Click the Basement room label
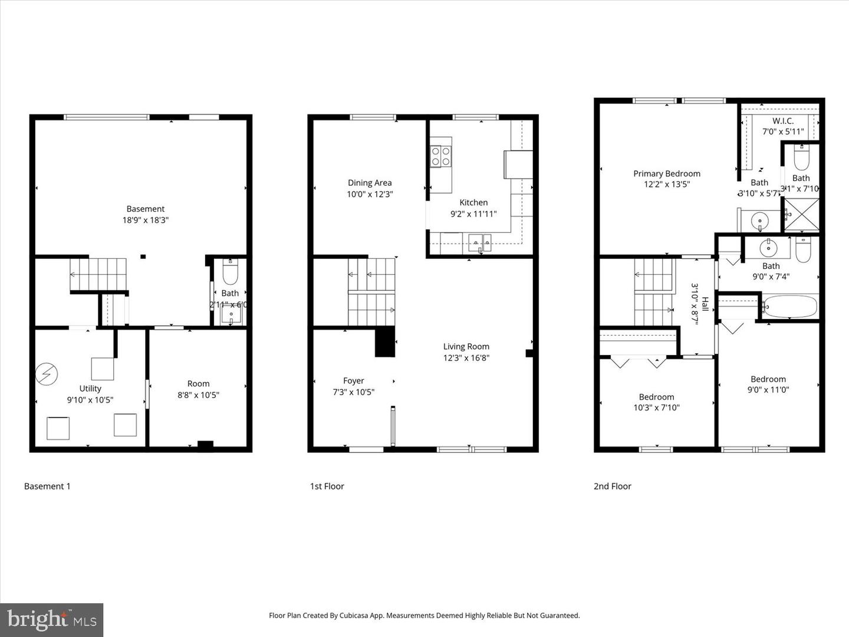tap(145, 209)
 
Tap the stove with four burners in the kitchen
tap(440, 156)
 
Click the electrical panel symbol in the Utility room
tap(47, 373)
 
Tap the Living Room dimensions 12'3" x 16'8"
tap(466, 358)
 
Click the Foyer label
tap(353, 381)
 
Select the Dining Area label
tap(370, 183)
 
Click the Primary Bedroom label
tap(667, 173)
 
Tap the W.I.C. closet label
tap(783, 121)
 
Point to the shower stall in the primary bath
tap(801, 215)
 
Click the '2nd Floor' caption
tap(612, 487)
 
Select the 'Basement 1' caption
tap(47, 487)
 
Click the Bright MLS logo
tap(52, 620)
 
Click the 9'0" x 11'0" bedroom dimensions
tap(768, 390)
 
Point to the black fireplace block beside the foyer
tap(385, 342)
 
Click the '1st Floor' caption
tap(327, 487)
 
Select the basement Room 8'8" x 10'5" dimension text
tap(198, 395)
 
